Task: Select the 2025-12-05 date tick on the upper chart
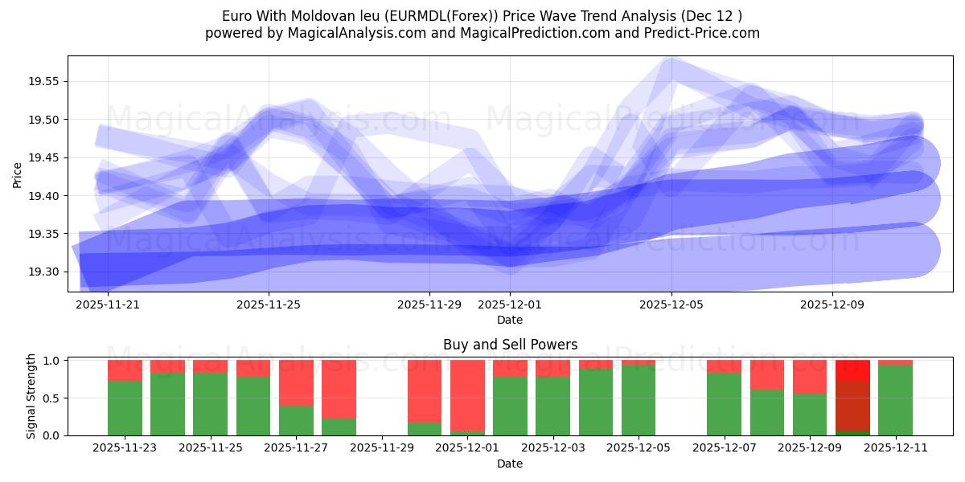(671, 305)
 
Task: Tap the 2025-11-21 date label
(107, 305)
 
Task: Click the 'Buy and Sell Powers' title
(510, 345)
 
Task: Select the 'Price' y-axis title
(18, 174)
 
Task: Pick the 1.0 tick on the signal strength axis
(52, 361)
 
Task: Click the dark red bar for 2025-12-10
(852, 406)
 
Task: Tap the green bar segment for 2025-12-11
(895, 400)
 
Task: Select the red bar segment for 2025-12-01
(467, 395)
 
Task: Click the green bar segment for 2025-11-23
(125, 408)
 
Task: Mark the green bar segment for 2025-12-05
(639, 400)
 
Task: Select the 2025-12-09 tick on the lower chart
(810, 448)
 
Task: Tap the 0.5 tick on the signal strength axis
(52, 398)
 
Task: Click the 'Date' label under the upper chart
(510, 320)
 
